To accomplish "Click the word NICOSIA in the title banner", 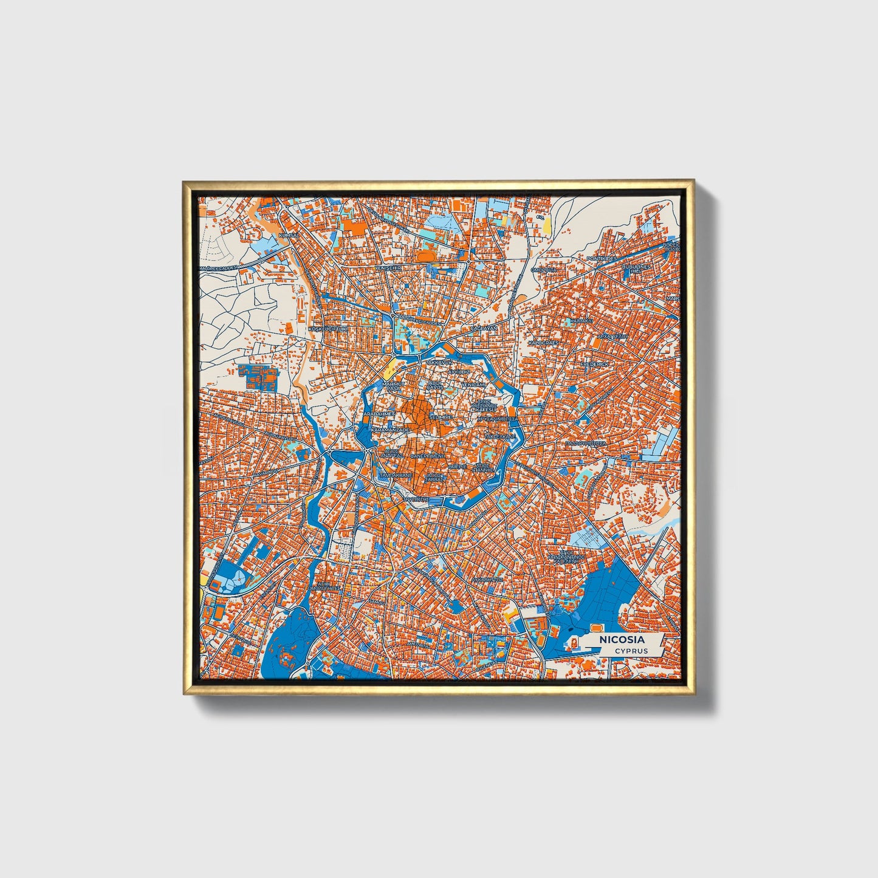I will point(622,639).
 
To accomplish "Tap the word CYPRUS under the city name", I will point(630,651).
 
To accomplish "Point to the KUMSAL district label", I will point(289,235).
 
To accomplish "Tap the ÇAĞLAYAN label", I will point(484,328).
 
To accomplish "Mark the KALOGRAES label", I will point(543,343).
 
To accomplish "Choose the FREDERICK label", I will point(594,364).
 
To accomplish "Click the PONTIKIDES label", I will point(602,258).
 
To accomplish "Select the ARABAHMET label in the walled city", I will point(379,413).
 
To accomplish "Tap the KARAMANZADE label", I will point(389,429).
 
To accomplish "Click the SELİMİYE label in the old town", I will point(440,417).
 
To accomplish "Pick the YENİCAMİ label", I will point(473,385).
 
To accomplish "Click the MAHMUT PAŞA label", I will point(392,386).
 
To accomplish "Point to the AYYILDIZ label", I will point(460,370).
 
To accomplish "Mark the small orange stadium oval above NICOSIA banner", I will point(596,625).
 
